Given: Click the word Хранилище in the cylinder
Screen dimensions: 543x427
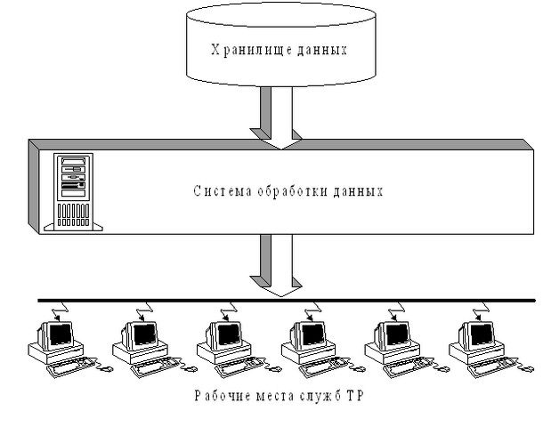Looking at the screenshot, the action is pyautogui.click(x=247, y=50).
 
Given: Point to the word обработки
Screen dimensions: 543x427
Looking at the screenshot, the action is pyautogui.click(x=293, y=190).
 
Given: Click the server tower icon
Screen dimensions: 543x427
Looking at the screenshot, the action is pyautogui.click(x=73, y=192).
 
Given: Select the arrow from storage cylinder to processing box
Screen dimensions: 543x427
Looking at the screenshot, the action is pyautogui.click(x=276, y=117).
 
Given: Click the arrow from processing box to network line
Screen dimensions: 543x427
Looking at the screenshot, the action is pyautogui.click(x=276, y=265).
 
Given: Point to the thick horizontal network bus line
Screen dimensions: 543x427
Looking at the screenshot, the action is pyautogui.click(x=287, y=301).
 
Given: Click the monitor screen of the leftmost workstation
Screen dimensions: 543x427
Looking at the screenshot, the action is pyautogui.click(x=61, y=334).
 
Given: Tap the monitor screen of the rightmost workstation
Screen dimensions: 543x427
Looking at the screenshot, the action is pyautogui.click(x=482, y=334).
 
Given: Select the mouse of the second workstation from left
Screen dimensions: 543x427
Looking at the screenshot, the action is pyautogui.click(x=191, y=369).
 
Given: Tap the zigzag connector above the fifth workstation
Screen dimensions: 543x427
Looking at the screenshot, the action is pyautogui.click(x=397, y=311).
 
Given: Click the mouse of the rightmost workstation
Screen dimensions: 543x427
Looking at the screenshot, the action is pyautogui.click(x=528, y=369).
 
